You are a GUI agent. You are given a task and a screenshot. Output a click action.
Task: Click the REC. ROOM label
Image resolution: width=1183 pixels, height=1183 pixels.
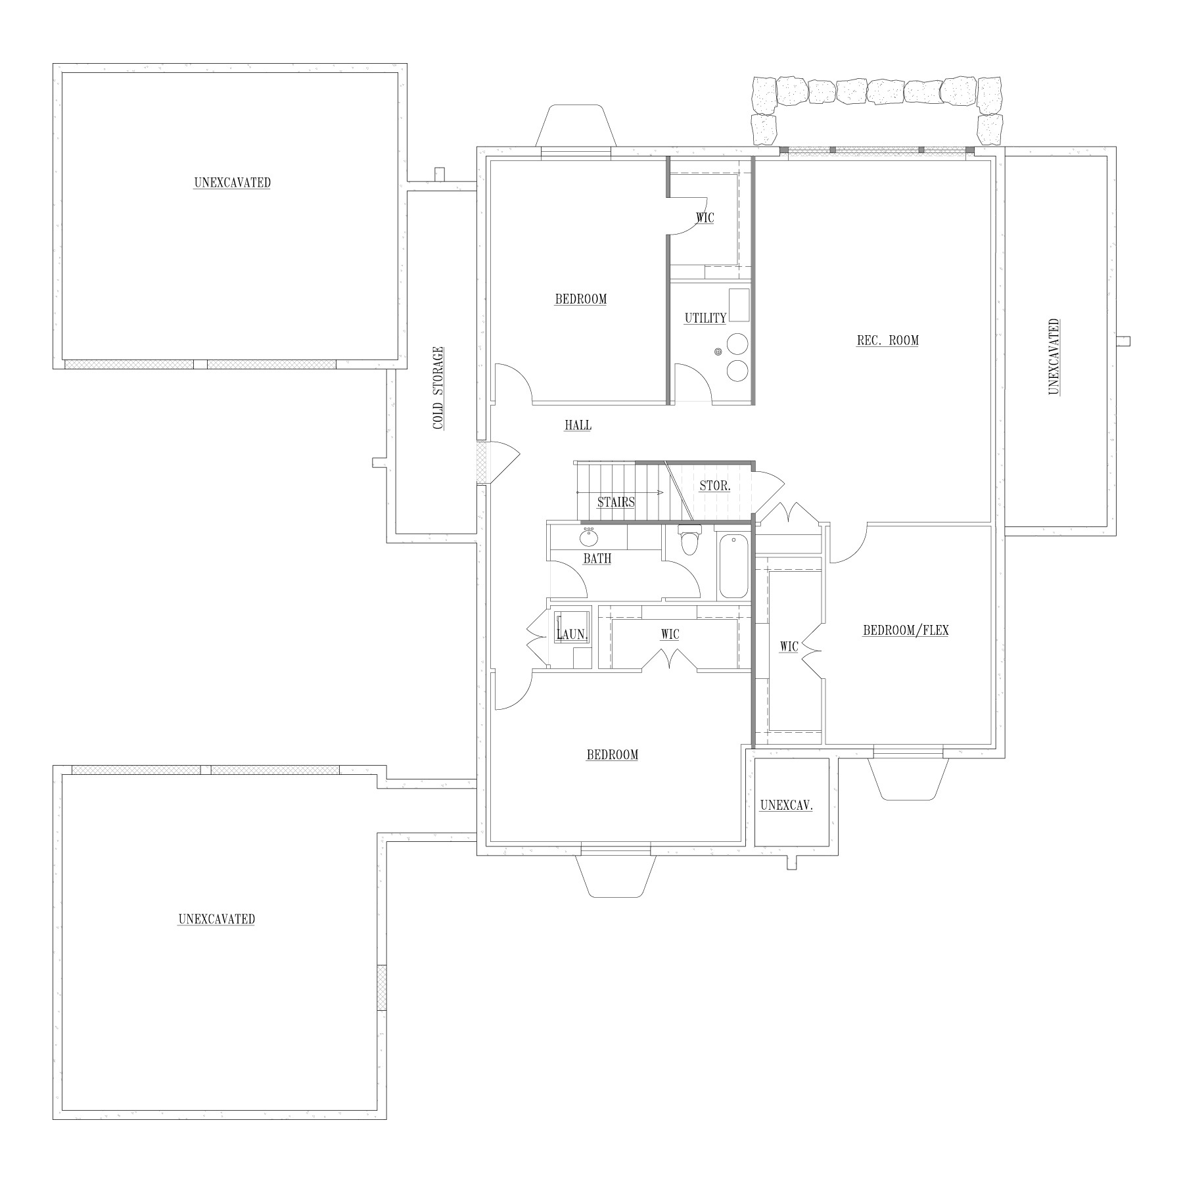coord(887,340)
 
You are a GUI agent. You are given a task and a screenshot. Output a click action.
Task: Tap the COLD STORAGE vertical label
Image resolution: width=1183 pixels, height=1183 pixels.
coord(438,388)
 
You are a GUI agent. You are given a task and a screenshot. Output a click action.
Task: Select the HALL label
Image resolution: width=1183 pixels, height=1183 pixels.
coord(578,425)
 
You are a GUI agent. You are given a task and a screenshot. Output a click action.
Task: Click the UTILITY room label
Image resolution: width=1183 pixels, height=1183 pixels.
coord(705,318)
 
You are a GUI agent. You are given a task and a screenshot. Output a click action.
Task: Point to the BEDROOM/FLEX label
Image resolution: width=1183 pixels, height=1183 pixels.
coord(906,630)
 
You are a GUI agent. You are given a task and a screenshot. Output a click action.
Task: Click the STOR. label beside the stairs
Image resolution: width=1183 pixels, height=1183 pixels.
coord(714,486)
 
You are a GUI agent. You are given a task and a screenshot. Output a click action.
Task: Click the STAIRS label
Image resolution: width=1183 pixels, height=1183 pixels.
coord(616,503)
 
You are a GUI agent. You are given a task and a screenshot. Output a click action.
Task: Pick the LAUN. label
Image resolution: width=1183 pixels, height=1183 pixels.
coord(572,635)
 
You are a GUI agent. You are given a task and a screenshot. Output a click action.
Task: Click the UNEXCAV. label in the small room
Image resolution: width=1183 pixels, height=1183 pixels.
coord(786,805)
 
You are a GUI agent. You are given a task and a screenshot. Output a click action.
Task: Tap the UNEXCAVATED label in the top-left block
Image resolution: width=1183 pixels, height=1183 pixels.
coord(232,183)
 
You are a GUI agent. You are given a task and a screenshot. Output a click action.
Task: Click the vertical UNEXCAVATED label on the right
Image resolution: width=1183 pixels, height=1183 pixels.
coord(1054,357)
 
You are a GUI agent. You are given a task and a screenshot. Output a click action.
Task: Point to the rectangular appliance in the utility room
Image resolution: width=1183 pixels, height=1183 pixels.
coord(739,304)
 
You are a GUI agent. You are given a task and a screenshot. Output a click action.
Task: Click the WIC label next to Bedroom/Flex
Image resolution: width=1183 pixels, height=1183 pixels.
coord(789,647)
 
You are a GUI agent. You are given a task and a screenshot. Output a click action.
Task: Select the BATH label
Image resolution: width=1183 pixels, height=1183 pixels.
coord(597,559)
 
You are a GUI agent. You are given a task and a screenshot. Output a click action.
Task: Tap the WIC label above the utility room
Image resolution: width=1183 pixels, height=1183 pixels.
coord(705,218)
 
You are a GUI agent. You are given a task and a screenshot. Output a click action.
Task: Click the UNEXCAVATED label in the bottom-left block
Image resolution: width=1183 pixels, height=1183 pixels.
coord(216,919)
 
